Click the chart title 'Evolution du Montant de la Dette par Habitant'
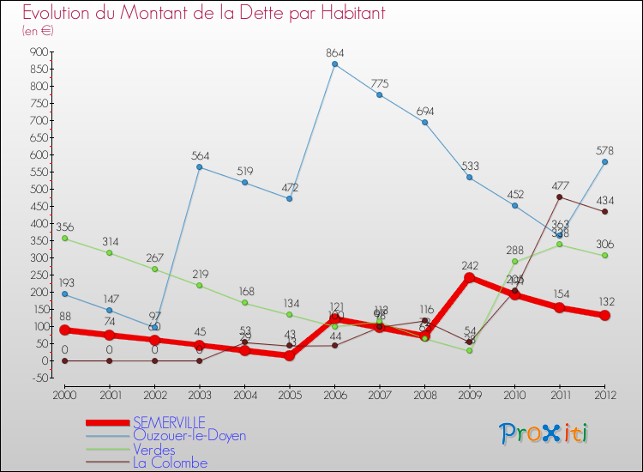203,13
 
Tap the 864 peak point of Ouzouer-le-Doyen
334,64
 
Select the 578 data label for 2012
604,150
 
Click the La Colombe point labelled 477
559,197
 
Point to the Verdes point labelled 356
64,239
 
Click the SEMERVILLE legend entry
169,422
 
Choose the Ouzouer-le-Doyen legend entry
189,436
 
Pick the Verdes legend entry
154,450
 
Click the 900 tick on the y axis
38,51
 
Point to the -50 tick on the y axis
38,378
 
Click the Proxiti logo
544,433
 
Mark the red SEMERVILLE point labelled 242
469,277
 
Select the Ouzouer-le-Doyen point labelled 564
199,166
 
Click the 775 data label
379,83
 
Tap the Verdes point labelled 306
604,256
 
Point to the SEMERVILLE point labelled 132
604,315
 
